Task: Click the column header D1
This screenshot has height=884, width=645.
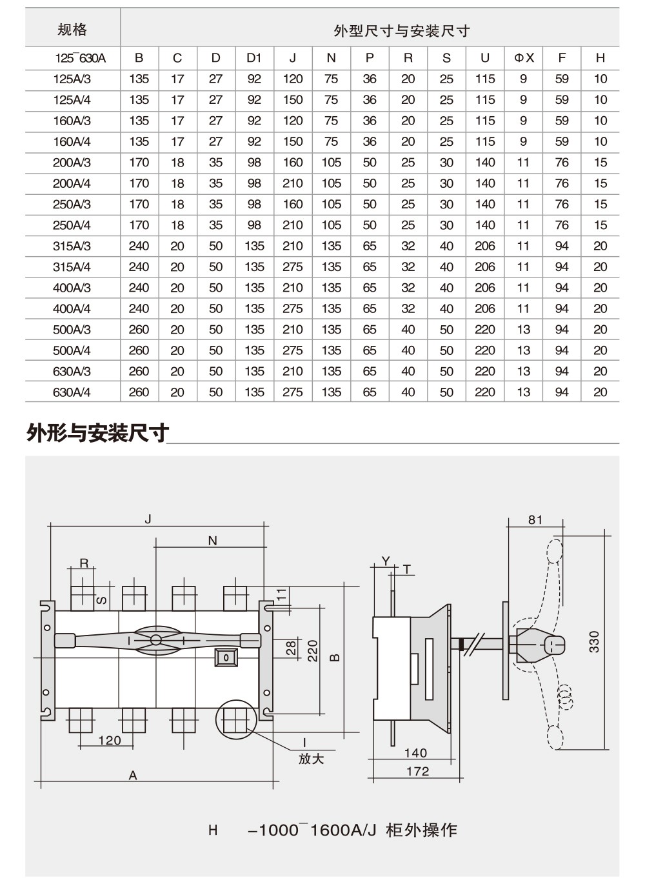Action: pyautogui.click(x=254, y=58)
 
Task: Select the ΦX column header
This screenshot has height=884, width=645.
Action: pyautogui.click(x=524, y=58)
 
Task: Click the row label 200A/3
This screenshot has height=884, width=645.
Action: pyautogui.click(x=72, y=163)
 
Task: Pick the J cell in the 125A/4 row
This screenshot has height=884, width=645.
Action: pyautogui.click(x=293, y=100)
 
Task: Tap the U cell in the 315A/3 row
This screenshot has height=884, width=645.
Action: pyautogui.click(x=485, y=246)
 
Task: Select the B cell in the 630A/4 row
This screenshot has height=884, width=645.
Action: pyautogui.click(x=139, y=392)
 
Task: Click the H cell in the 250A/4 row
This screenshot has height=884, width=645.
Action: pyautogui.click(x=600, y=225)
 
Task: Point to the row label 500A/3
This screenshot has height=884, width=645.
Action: pyautogui.click(x=72, y=330)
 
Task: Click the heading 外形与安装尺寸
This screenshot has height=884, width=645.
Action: pyautogui.click(x=97, y=433)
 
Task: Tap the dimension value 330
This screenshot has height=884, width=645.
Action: pyautogui.click(x=594, y=642)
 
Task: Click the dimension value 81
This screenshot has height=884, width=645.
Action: pyautogui.click(x=535, y=519)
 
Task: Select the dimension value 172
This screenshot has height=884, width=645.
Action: pyautogui.click(x=417, y=771)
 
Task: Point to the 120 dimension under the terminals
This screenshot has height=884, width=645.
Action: pyautogui.click(x=109, y=740)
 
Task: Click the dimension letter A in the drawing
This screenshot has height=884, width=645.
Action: pyautogui.click(x=133, y=776)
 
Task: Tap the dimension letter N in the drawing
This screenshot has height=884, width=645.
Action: pyautogui.click(x=213, y=541)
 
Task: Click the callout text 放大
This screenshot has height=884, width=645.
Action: pyautogui.click(x=311, y=759)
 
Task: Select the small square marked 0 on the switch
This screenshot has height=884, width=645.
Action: pyautogui.click(x=226, y=658)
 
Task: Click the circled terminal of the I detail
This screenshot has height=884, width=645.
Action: pyautogui.click(x=235, y=720)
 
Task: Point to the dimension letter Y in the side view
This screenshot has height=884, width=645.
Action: pyautogui.click(x=386, y=561)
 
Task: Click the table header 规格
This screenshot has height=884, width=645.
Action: pyautogui.click(x=72, y=30)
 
